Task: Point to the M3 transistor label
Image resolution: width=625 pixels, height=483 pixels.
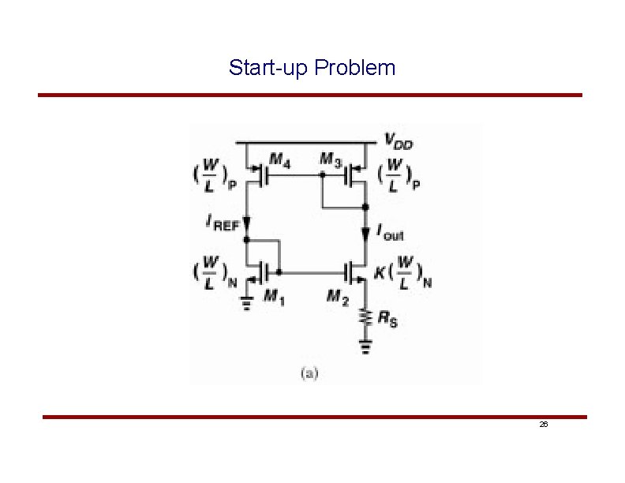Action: pos(331,159)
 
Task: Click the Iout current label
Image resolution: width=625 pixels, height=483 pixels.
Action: pos(390,232)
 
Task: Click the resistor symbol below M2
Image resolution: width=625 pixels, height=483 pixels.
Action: pos(365,316)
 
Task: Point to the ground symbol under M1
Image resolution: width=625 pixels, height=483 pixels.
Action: pos(247,302)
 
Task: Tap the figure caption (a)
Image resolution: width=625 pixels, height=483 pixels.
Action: pos(309,373)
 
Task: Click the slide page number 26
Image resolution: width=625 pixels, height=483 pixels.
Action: pos(543,425)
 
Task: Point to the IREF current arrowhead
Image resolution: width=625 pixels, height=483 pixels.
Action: pos(247,222)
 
